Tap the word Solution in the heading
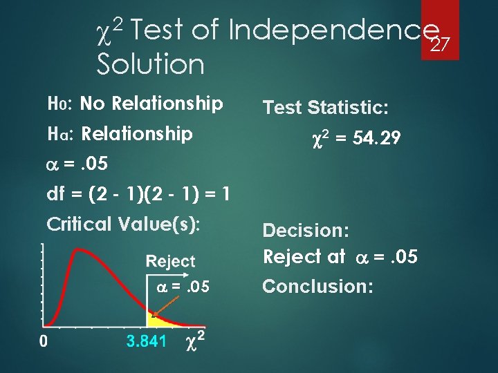click(151, 65)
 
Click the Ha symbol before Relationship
click(57, 133)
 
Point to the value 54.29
click(376, 138)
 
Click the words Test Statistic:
click(326, 107)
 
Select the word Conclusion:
click(317, 286)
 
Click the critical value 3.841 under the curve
click(146, 341)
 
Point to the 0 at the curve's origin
click(44, 341)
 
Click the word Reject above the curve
click(171, 261)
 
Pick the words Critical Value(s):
click(123, 224)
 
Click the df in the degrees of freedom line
click(55, 194)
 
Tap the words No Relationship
click(151, 104)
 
